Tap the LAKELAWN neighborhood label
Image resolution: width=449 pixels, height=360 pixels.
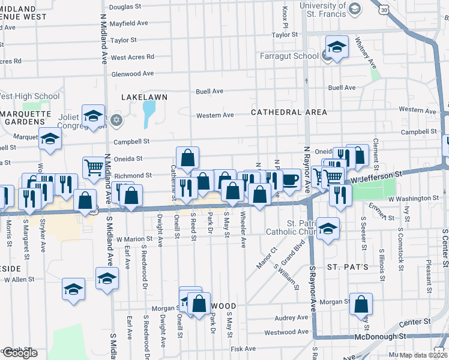click(x=144, y=97)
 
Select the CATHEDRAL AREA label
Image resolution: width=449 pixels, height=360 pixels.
click(x=289, y=112)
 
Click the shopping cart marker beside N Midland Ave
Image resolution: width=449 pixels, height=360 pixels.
click(x=94, y=168)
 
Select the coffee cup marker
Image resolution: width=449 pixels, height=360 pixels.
click(x=290, y=179)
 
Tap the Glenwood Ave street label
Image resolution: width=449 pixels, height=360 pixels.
click(x=133, y=74)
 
